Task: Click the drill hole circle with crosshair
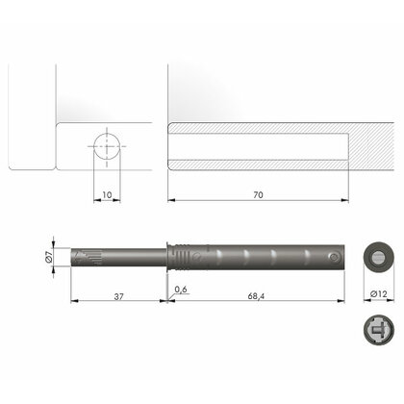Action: [105, 148]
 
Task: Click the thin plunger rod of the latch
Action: [125, 257]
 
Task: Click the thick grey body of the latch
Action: [260, 258]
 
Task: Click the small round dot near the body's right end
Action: [332, 258]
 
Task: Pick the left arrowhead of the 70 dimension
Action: [170, 200]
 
